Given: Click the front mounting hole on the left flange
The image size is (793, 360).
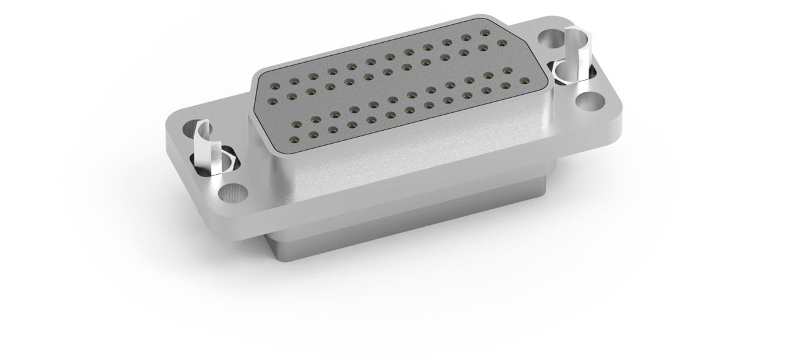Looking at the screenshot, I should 234,193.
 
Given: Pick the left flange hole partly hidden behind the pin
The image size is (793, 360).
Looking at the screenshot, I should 194,133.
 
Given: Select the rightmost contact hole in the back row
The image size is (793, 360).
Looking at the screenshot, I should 484,32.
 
